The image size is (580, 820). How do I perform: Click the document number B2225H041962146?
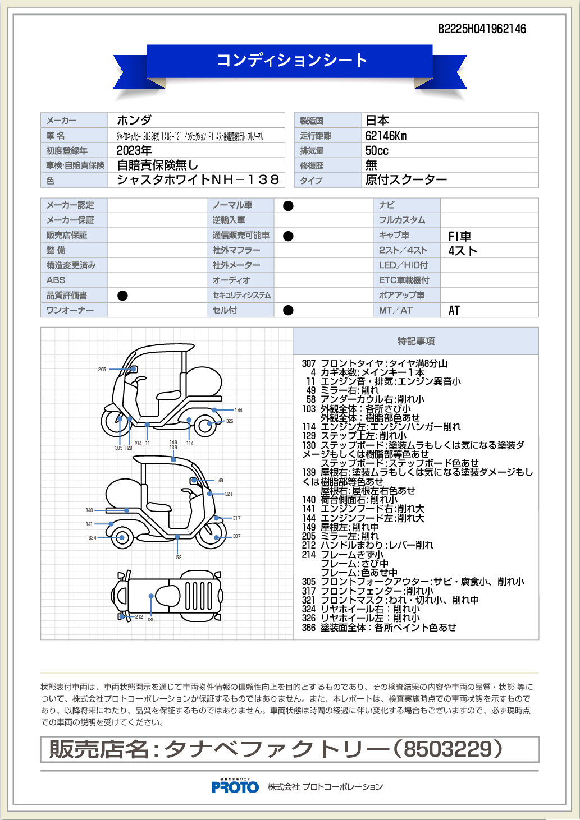click(482, 29)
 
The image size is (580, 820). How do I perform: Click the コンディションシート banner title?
click(291, 60)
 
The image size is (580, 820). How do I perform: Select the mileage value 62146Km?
click(386, 136)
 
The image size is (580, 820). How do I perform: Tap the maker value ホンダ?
click(134, 120)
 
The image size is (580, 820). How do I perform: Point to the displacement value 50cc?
click(377, 150)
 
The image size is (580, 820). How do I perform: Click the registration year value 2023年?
click(134, 150)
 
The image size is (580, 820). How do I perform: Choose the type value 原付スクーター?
click(406, 180)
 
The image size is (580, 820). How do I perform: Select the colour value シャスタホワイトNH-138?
click(198, 180)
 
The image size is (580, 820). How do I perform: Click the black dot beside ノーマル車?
click(288, 206)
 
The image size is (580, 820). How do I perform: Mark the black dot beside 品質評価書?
click(122, 296)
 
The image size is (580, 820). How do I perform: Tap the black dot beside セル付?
click(288, 310)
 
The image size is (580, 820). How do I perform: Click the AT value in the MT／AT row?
click(454, 310)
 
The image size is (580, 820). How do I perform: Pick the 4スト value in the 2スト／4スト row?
click(462, 251)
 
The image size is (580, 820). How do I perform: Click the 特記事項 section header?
click(415, 341)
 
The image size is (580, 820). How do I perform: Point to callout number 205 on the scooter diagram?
click(102, 370)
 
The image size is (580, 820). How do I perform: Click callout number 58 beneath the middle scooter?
click(179, 558)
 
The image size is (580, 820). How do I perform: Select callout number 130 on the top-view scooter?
click(150, 619)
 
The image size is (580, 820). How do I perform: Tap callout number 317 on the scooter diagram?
click(236, 518)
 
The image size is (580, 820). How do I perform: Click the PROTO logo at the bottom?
click(235, 787)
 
